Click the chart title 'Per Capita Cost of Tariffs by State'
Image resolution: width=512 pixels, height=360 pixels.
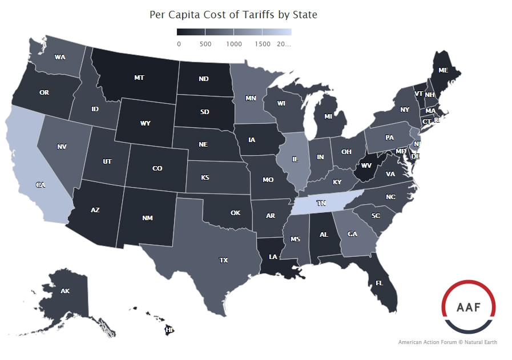tap(233, 14)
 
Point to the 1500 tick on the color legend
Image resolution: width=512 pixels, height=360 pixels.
tap(262, 44)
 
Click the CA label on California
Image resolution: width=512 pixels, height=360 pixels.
tap(41, 185)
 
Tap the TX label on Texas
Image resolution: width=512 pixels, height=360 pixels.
tap(223, 260)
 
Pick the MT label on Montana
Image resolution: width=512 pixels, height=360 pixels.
tap(139, 77)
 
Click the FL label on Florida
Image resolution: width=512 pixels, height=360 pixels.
tap(379, 282)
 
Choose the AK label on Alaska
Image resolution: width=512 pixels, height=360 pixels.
tap(65, 291)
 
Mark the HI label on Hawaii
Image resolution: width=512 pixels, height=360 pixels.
tap(169, 330)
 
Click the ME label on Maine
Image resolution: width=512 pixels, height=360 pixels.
tap(443, 71)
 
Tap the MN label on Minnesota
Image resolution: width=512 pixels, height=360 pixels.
tap(251, 98)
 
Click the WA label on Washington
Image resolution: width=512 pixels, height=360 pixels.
tap(59, 57)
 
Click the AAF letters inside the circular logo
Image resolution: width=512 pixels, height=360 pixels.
tap(467, 306)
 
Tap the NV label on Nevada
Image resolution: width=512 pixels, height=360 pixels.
tap(62, 147)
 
